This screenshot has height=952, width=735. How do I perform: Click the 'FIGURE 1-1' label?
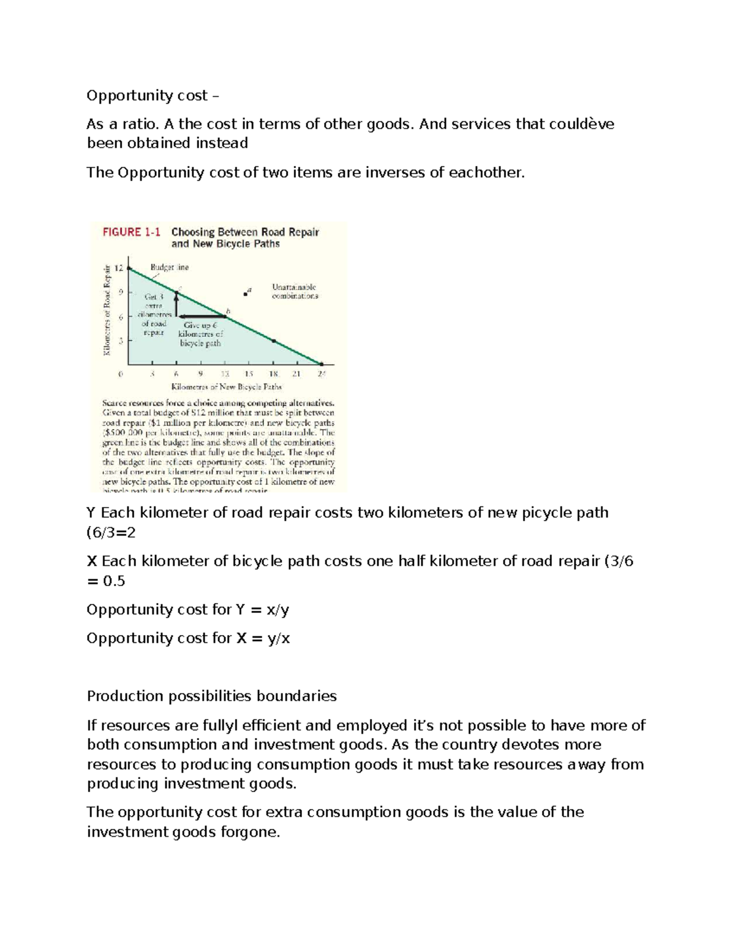[131, 232]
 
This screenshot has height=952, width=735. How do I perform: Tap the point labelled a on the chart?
[246, 294]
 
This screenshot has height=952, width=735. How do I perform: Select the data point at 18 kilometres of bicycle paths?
[273, 340]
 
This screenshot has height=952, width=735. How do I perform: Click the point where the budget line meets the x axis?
[322, 364]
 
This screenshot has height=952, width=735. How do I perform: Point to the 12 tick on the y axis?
[119, 268]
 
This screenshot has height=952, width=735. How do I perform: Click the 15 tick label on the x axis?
[249, 374]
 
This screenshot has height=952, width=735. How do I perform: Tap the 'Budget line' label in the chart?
[170, 267]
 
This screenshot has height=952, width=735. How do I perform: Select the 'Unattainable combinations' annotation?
[295, 291]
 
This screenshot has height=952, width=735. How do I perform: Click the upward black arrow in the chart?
[176, 303]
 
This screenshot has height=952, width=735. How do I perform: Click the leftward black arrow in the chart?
[201, 316]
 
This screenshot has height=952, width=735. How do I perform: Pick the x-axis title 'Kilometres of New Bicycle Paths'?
[226, 387]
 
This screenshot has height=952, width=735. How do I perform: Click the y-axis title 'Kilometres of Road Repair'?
[107, 310]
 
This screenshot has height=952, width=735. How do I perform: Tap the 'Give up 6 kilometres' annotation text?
[200, 334]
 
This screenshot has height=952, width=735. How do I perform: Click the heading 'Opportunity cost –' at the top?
[152, 96]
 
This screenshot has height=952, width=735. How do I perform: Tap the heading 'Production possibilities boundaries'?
[212, 696]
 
